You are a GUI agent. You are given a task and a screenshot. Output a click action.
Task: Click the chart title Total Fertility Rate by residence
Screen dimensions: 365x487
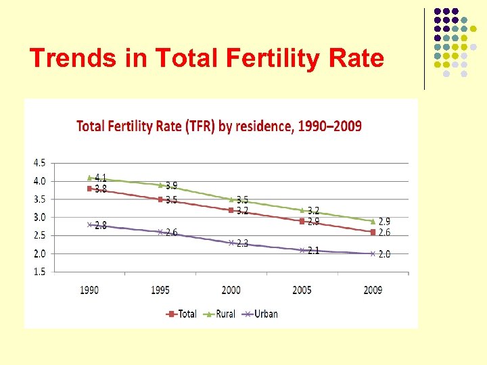tap(218, 126)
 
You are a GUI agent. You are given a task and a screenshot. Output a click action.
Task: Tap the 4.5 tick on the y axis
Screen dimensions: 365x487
tap(39, 163)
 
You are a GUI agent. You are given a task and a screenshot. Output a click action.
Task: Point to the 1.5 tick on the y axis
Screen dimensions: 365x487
tap(39, 272)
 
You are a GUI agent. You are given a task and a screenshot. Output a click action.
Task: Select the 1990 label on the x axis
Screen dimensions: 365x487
tap(89, 290)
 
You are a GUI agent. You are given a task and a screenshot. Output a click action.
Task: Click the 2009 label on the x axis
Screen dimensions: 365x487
tap(373, 290)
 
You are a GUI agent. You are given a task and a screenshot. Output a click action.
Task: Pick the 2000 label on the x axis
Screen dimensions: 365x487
tap(231, 290)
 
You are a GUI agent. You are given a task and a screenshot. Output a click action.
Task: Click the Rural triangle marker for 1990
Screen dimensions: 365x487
tap(89, 177)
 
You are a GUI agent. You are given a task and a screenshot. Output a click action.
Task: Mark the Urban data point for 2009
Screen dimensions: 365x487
tap(373, 253)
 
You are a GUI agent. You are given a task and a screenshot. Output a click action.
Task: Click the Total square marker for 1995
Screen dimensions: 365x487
tap(160, 199)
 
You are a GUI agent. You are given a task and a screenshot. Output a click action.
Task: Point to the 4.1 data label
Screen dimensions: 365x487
tap(101, 178)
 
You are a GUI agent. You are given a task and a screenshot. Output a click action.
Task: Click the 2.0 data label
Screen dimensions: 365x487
tap(384, 255)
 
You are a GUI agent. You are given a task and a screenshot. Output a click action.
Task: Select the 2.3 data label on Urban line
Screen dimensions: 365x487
tap(242, 243)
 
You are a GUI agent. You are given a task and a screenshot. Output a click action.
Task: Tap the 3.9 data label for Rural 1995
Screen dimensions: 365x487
tap(172, 186)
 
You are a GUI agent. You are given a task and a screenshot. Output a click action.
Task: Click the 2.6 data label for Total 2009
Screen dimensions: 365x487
tap(384, 233)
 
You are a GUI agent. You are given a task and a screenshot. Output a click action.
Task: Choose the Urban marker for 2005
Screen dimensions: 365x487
tap(302, 250)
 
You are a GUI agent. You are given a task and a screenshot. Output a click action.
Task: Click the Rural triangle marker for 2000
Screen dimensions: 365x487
tap(231, 199)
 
